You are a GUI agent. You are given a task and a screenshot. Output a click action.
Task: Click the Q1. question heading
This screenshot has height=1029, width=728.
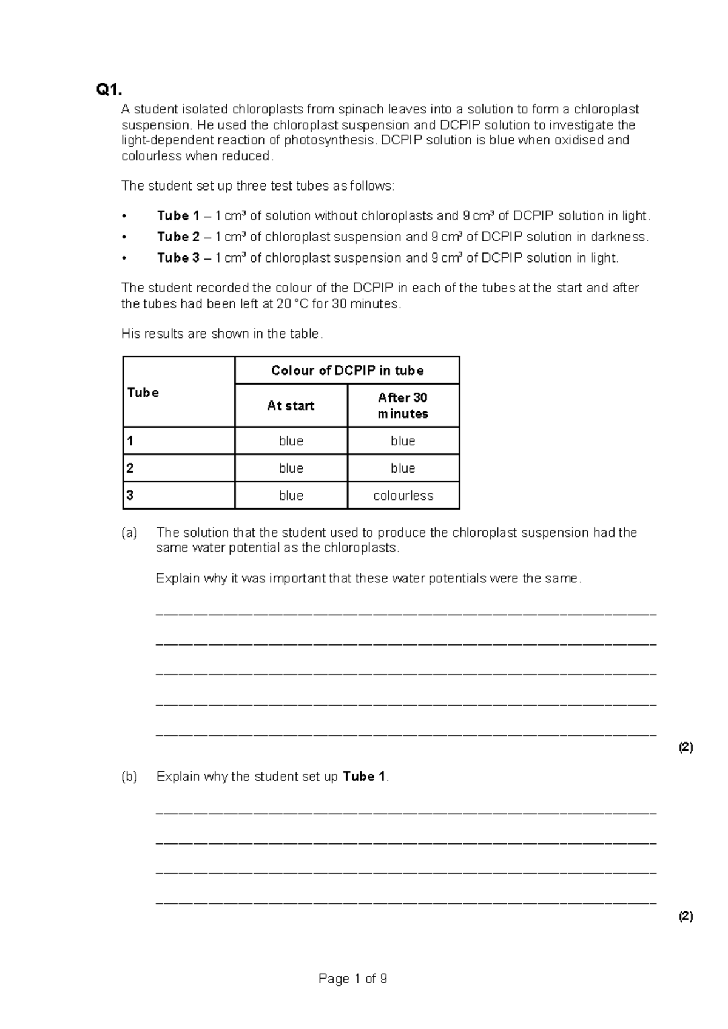point(109,90)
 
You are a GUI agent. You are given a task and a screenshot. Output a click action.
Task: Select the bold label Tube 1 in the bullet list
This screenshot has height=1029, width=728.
point(178,216)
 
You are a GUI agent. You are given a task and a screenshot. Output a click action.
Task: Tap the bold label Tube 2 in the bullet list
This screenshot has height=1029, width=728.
point(178,237)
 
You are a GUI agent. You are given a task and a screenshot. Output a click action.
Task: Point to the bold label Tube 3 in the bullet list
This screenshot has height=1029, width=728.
point(178,258)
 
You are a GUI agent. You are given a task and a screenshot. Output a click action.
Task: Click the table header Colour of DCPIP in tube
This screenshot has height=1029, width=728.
point(347,371)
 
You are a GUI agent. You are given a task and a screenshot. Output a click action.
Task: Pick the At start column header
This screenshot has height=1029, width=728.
point(291,406)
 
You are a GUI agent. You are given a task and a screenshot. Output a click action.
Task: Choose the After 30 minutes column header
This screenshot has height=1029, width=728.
point(403,406)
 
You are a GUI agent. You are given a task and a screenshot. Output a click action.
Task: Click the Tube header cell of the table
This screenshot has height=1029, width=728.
point(143,393)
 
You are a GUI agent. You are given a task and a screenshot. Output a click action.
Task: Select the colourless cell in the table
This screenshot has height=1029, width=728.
point(403,496)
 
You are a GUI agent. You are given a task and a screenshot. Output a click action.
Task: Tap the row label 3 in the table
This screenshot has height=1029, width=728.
point(130,495)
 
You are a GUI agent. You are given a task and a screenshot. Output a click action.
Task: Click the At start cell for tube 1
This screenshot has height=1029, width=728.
point(291,441)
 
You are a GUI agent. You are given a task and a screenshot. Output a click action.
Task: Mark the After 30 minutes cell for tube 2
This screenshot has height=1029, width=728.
point(403,468)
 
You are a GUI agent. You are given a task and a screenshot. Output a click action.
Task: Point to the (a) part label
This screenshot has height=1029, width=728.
point(129,533)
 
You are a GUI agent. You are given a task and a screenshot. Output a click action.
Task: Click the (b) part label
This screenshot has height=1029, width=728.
point(129,777)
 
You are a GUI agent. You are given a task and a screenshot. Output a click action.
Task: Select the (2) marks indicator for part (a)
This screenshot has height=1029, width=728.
point(686,747)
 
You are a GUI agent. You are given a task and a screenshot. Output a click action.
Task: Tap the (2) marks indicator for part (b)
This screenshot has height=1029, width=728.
point(686,916)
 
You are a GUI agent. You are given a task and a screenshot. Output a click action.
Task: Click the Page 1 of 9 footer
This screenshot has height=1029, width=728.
point(352,979)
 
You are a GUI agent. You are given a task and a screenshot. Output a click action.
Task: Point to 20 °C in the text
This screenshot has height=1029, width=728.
point(292,304)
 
